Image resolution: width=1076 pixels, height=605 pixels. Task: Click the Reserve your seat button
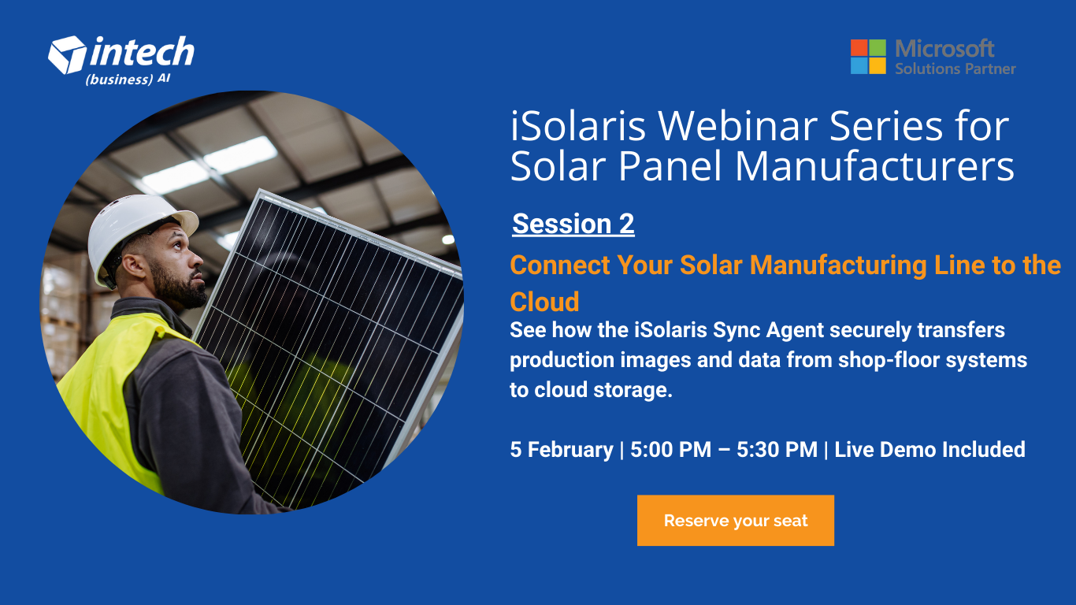(735, 521)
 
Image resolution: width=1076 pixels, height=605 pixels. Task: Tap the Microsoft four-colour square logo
(868, 57)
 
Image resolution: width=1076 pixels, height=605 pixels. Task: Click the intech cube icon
(67, 54)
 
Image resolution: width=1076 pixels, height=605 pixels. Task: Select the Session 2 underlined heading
(573, 225)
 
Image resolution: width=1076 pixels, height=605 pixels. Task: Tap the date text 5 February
(561, 450)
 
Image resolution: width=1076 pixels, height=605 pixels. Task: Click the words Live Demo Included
(929, 450)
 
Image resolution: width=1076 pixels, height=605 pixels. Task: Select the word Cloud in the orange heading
(544, 302)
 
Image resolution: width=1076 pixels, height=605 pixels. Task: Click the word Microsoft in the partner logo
(944, 49)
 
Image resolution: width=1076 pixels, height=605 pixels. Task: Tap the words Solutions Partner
(955, 69)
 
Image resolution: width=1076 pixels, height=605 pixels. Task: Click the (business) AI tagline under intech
(128, 80)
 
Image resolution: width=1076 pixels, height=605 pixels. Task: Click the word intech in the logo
(142, 53)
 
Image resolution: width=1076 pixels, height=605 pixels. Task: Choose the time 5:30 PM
(777, 450)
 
